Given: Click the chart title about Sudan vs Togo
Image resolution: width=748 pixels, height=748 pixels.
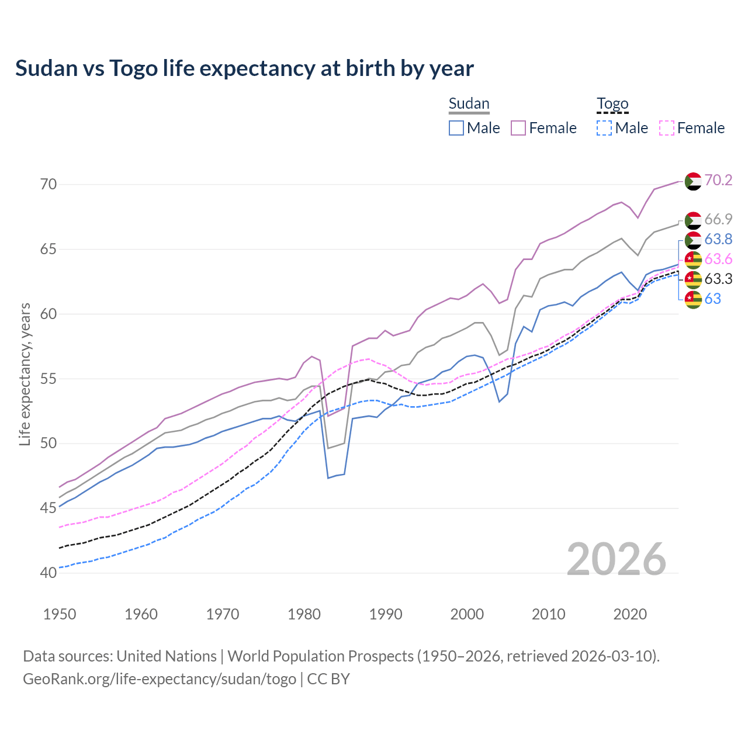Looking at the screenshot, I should tap(244, 68).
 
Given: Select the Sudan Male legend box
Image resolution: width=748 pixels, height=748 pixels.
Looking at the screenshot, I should tap(456, 128).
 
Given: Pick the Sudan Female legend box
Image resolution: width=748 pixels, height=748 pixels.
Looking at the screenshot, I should tap(518, 128).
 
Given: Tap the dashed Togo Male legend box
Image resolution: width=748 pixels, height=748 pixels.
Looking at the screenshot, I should tap(604, 128).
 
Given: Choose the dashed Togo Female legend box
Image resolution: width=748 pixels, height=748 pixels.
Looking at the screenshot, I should tap(667, 128).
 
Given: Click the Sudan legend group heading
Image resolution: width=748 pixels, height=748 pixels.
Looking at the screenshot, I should tap(469, 103).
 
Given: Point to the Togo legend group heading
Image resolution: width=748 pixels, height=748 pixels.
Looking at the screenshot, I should tap(612, 104).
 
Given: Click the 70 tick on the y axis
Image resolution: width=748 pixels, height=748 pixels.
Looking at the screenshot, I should tap(49, 185).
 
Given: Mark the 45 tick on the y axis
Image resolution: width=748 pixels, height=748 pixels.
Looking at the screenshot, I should tap(49, 508).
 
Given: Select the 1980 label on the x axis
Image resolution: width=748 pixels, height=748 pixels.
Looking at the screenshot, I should tap(304, 614).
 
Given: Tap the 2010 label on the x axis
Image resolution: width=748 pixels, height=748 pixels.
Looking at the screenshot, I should tap(548, 614).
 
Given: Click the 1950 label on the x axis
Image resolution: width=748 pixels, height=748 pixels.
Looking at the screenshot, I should tap(60, 614).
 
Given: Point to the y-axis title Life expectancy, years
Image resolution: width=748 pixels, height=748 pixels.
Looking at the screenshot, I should tap(25, 374).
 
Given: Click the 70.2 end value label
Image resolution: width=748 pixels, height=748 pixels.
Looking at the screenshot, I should tap(718, 180).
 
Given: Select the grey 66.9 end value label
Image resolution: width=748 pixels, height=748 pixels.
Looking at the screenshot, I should tap(718, 219).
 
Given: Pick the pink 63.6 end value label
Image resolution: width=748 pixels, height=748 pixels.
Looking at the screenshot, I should tap(718, 259).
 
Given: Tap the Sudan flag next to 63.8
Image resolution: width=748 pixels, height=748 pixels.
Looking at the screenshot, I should tap(693, 240).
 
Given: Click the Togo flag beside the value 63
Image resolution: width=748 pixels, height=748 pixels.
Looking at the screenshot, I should tap(693, 299).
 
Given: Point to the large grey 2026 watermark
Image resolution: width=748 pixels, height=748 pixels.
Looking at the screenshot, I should tap(616, 559).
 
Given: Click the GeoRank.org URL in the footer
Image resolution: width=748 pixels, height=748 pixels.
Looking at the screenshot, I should tap(160, 679).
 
